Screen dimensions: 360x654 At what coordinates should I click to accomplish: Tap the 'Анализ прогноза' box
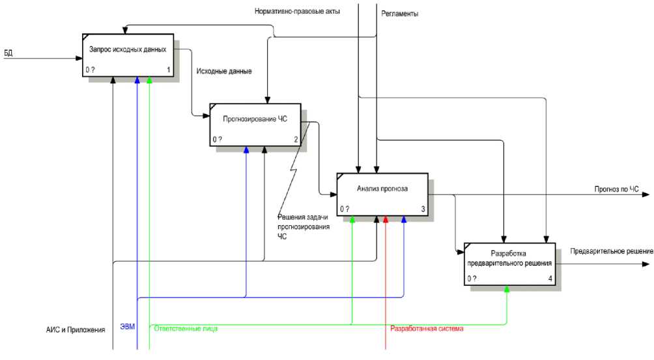pyautogui.click(x=382, y=194)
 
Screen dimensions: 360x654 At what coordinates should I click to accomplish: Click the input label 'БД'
pyautogui.click(x=8, y=52)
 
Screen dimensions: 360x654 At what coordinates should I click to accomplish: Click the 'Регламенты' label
pyautogui.click(x=399, y=13)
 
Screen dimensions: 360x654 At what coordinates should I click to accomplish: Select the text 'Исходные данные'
pyautogui.click(x=223, y=71)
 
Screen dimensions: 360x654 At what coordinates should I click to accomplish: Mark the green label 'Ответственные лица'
pyautogui.click(x=185, y=329)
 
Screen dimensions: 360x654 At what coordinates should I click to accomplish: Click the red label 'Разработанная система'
pyautogui.click(x=427, y=329)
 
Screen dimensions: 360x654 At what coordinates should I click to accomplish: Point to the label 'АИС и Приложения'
pyautogui.click(x=71, y=330)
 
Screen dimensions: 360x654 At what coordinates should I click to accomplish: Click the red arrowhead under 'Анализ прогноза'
pyautogui.click(x=386, y=219)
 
